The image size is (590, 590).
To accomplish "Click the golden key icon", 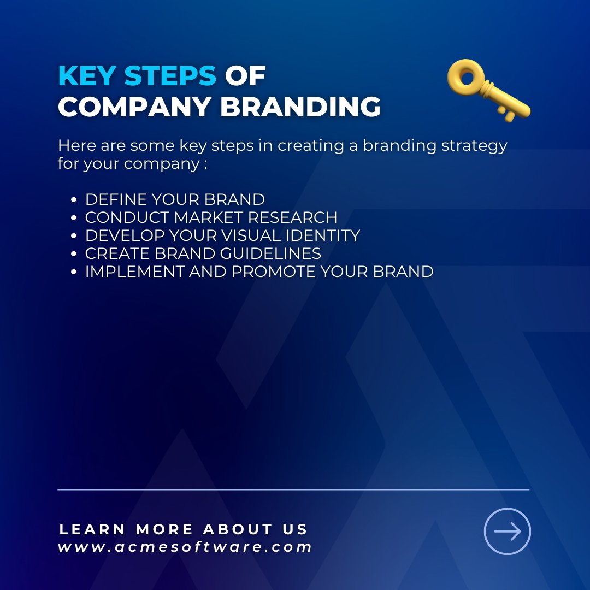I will point(488,90).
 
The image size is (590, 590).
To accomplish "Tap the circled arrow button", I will point(508,531).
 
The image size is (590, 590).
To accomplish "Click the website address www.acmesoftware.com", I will point(185,547).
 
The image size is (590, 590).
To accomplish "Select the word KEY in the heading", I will point(87,76).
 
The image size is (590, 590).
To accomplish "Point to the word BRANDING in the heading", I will point(300,107).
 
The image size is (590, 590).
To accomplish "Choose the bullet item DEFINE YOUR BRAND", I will point(175,199).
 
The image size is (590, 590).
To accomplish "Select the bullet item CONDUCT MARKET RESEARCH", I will point(211,217).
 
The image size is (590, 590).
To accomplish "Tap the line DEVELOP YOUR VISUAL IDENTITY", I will point(222,235).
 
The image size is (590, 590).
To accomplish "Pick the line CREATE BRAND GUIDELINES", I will point(203,253).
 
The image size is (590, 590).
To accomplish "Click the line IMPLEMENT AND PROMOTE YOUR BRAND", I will point(259,272).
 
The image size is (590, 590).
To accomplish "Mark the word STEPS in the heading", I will point(170,76).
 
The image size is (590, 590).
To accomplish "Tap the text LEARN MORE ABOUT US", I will point(184,529).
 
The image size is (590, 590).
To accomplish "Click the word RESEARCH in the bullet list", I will point(292,217).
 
